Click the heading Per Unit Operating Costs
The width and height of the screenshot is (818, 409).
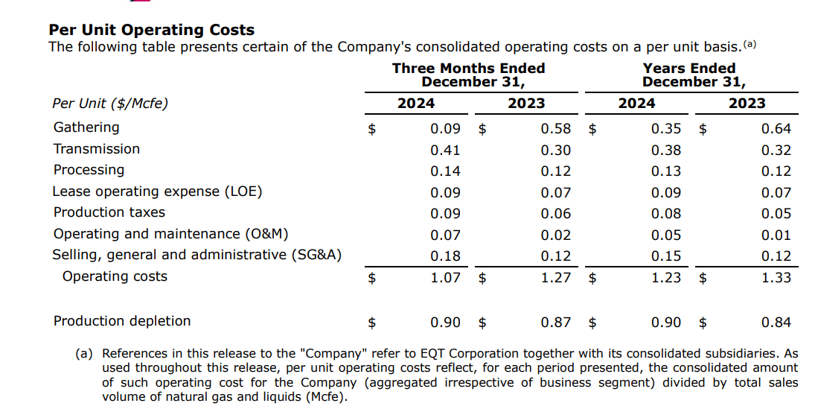tap(151, 31)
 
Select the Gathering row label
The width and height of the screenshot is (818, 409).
tap(86, 127)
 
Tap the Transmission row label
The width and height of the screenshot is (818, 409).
tap(97, 149)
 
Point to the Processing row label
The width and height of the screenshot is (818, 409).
tap(89, 170)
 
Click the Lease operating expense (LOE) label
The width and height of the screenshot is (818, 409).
tap(157, 191)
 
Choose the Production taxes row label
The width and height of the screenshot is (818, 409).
tap(109, 212)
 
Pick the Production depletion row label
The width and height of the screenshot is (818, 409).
tap(122, 321)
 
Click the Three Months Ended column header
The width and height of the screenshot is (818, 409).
tap(468, 69)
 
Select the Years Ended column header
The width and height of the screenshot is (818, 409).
tap(689, 69)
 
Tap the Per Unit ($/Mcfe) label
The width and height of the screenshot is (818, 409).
tap(110, 104)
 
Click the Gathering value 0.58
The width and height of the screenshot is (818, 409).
tap(556, 129)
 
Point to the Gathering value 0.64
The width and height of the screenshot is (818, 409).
tap(776, 129)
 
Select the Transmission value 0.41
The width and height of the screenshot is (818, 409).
tap(445, 150)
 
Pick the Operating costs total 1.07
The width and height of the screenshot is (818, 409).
tap(445, 278)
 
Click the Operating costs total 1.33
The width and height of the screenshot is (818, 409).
tap(776, 278)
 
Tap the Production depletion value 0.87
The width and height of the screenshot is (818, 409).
tap(556, 323)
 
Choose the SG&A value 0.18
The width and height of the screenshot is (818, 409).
tap(445, 256)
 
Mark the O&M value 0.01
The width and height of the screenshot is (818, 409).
tap(776, 235)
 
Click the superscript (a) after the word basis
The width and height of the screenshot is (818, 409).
tap(750, 44)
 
